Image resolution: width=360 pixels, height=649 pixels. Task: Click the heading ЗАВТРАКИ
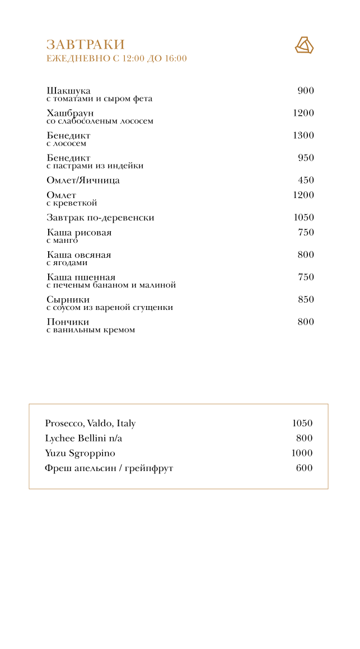pyautogui.click(x=85, y=45)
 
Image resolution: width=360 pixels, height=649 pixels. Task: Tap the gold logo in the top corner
pyautogui.click(x=304, y=45)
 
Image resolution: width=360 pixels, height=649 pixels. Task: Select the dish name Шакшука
pyautogui.click(x=68, y=91)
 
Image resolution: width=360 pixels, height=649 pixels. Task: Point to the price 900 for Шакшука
pyautogui.click(x=306, y=91)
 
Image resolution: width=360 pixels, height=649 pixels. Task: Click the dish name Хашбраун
pyautogui.click(x=70, y=113)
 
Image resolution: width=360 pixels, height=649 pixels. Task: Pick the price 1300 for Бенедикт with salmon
pyautogui.click(x=303, y=135)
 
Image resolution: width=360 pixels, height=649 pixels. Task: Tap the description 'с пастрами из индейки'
pyautogui.click(x=95, y=166)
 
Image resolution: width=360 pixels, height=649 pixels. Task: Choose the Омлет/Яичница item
pyautogui.click(x=83, y=180)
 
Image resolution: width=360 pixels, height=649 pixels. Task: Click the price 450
pyautogui.click(x=306, y=180)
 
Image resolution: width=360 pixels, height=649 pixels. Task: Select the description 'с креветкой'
pyautogui.click(x=72, y=203)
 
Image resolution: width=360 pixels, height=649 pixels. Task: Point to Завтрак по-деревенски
pyautogui.click(x=100, y=218)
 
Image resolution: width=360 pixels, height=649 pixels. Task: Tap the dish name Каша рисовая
pyautogui.click(x=79, y=232)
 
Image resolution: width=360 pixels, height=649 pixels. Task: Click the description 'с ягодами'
pyautogui.click(x=67, y=263)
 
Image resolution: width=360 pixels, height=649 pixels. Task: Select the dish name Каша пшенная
pyautogui.click(x=81, y=277)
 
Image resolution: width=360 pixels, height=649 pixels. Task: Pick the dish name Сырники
pyautogui.click(x=68, y=299)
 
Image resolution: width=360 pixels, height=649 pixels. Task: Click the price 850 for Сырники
pyautogui.click(x=306, y=299)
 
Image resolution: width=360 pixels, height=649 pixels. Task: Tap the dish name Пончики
pyautogui.click(x=68, y=322)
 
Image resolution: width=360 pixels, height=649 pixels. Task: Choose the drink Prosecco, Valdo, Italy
pyautogui.click(x=90, y=424)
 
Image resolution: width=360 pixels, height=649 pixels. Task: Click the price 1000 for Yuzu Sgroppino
pyautogui.click(x=302, y=453)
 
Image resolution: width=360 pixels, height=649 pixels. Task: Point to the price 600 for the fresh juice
pyautogui.click(x=304, y=468)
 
